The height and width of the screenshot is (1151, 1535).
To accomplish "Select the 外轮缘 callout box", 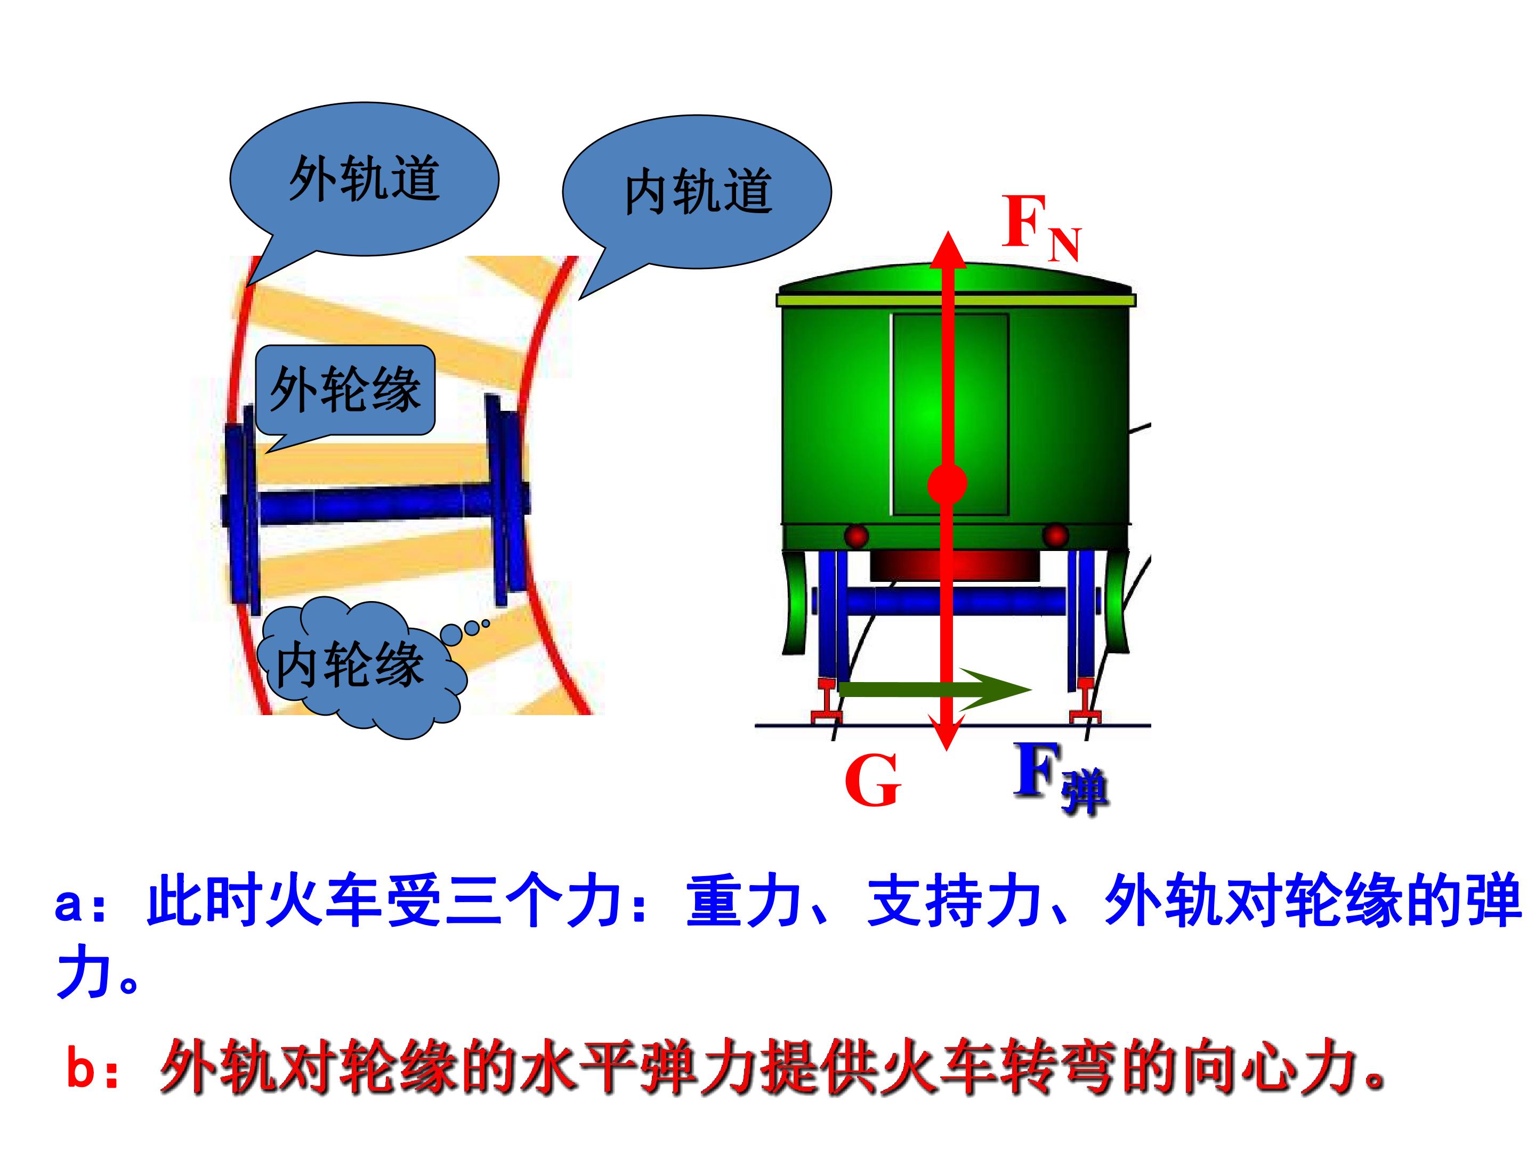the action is point(345,391).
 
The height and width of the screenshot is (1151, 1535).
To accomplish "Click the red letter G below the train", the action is point(872,781).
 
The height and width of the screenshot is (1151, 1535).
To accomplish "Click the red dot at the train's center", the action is point(947,483).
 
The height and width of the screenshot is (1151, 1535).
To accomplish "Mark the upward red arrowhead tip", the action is point(947,232).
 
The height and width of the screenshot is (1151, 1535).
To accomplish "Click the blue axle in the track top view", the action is point(375,505).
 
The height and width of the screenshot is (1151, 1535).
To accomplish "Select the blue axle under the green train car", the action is point(956,601).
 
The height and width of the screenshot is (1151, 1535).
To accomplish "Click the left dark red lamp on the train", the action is point(857,536).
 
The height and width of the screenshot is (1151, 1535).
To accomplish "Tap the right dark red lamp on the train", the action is point(1055,536).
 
